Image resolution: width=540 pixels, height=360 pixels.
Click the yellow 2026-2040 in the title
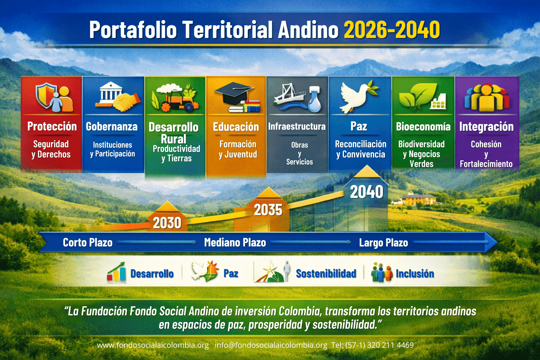pyautogui.click(x=392, y=30)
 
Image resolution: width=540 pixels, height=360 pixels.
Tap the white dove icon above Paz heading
pyautogui.click(x=358, y=97)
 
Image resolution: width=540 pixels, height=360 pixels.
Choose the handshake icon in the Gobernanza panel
pyautogui.click(x=127, y=102)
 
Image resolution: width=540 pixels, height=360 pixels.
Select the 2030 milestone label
pyautogui.click(x=167, y=223)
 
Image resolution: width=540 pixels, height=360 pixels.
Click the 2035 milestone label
pyautogui.click(x=268, y=210)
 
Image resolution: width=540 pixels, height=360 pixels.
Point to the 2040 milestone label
pyautogui.click(x=366, y=192)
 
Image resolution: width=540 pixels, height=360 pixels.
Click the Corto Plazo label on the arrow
pyautogui.click(x=88, y=243)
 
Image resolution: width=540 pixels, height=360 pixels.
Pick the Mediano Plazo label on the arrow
pyautogui.click(x=235, y=243)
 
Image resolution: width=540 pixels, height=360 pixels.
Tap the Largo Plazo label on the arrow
pyautogui.click(x=384, y=243)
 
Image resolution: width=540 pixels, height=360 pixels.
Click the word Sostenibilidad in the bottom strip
pyautogui.click(x=326, y=274)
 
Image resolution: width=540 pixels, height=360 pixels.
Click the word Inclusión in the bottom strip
pyautogui.click(x=415, y=274)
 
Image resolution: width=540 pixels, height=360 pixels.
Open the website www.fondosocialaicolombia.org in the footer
pyautogui.click(x=153, y=345)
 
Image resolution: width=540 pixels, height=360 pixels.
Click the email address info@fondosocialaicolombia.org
pyautogui.click(x=271, y=345)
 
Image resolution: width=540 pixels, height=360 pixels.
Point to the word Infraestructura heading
pyautogui.click(x=297, y=126)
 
